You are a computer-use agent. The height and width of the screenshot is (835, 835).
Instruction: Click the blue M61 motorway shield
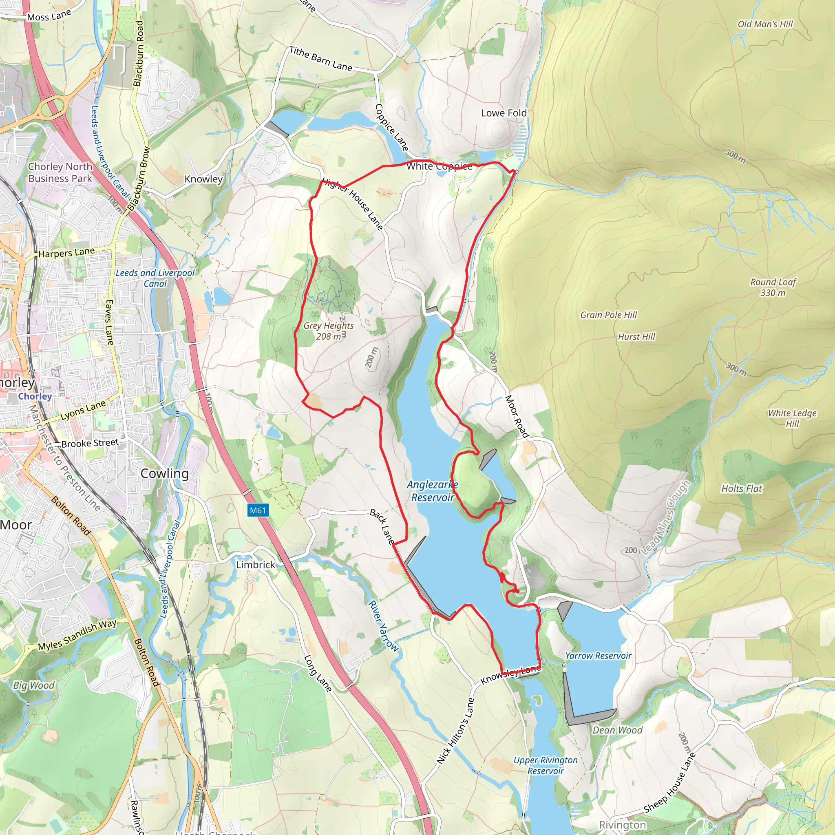click(x=258, y=510)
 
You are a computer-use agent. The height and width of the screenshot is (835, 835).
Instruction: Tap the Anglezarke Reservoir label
click(x=432, y=491)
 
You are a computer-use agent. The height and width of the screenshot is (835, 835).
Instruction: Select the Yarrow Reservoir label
click(x=598, y=656)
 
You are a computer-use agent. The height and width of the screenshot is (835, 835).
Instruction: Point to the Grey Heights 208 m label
click(x=329, y=331)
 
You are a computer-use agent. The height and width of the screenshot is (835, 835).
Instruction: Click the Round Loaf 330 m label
click(x=773, y=287)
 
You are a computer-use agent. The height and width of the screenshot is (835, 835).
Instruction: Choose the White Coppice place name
click(x=439, y=166)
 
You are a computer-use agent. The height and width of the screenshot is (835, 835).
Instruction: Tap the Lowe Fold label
click(x=504, y=113)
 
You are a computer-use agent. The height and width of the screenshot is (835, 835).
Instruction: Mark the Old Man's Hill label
click(x=765, y=24)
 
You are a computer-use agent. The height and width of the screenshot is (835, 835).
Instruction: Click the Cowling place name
click(x=165, y=474)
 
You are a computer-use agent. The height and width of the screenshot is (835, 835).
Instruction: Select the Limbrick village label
click(x=255, y=565)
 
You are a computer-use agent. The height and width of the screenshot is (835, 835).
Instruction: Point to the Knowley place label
click(x=203, y=179)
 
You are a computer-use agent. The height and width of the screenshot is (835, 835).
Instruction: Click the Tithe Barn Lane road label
click(x=321, y=59)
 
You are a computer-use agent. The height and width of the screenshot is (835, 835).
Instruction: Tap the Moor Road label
click(x=517, y=416)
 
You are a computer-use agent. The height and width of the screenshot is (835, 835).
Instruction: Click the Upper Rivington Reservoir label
click(x=546, y=765)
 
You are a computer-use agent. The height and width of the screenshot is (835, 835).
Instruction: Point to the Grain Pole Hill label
click(x=609, y=315)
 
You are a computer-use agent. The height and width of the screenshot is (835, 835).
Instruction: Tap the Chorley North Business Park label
click(x=60, y=172)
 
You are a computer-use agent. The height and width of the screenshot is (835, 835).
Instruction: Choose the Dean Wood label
click(x=617, y=730)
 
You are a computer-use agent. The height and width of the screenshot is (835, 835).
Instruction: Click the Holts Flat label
click(x=742, y=489)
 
